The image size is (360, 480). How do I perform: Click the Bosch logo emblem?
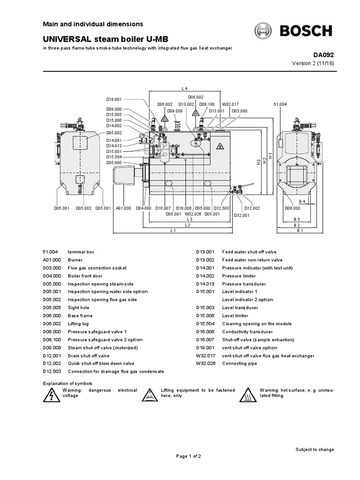pos(263,31)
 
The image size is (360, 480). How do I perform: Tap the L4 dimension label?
pos(184,89)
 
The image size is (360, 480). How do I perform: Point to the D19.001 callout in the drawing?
pos(114,99)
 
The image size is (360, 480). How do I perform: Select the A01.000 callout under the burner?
pos(123,208)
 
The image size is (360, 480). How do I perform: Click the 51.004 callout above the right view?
pos(280,104)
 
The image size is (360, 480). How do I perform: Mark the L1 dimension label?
pos(173,231)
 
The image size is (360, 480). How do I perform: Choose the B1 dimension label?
pos(300,231)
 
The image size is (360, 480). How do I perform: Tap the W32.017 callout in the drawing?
pos(230,104)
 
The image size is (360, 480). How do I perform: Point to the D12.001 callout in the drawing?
pos(241,215)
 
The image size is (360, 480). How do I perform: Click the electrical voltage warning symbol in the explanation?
pos(49,396)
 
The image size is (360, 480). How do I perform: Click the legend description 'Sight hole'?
pos(79,308)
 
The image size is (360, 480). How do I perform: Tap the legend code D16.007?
pos(205,340)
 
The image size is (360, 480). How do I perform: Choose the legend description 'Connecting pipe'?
pos(240,364)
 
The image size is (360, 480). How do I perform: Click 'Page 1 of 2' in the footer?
pos(188,456)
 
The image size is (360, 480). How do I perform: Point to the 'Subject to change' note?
pos(315,450)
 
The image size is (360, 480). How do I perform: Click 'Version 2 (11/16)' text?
pos(313,63)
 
